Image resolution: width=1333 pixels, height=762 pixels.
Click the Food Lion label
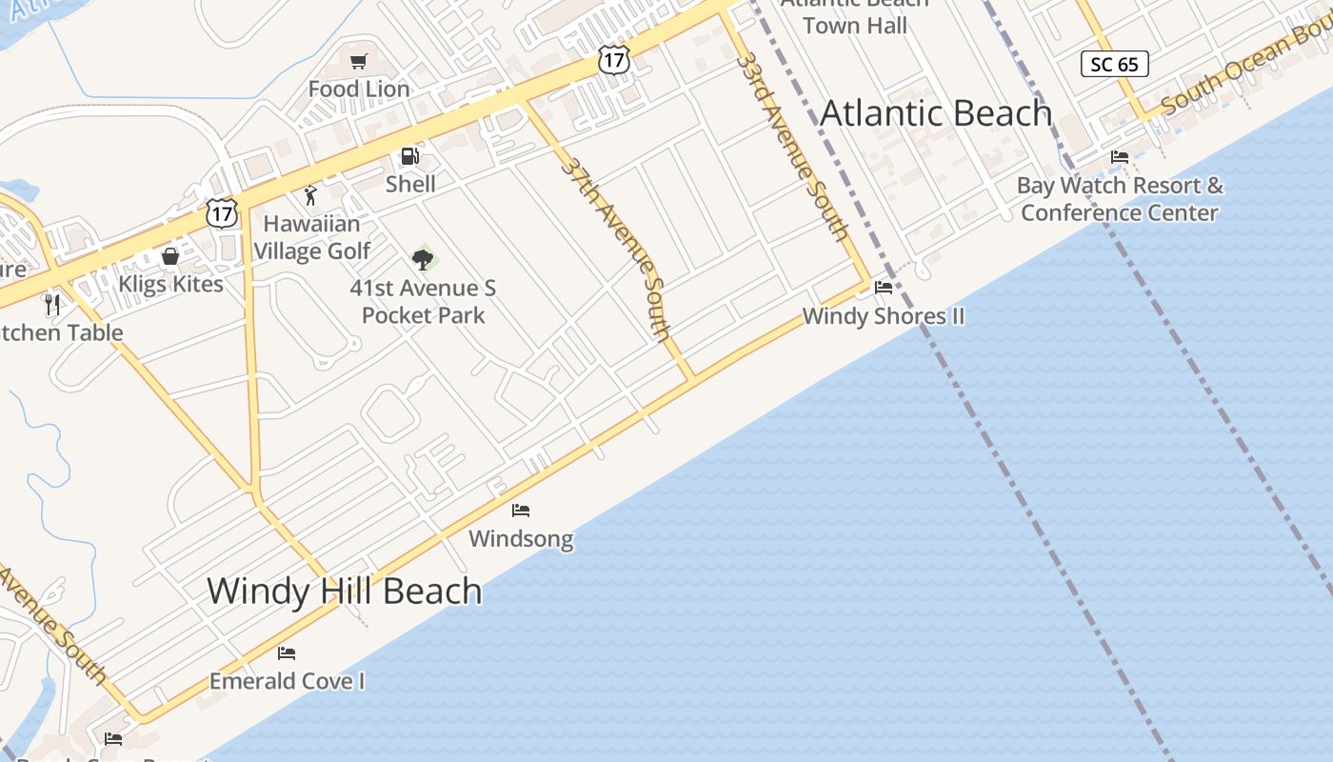click(x=359, y=89)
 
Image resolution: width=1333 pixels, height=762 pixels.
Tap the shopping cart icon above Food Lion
click(x=359, y=62)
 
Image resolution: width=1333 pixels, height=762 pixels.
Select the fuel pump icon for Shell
click(x=409, y=156)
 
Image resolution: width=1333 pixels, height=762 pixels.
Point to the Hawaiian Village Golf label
click(x=311, y=237)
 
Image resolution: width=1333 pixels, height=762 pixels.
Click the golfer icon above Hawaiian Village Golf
click(x=310, y=196)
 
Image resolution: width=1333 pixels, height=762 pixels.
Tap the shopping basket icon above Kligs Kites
click(x=170, y=256)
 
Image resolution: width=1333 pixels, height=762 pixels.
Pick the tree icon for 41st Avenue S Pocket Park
click(x=423, y=258)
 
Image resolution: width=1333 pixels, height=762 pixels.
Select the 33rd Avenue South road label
click(x=791, y=145)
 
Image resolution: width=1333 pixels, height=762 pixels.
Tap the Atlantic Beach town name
click(x=936, y=113)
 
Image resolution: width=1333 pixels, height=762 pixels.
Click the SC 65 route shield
click(x=1115, y=64)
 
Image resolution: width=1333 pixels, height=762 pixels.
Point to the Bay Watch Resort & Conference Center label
click(x=1120, y=199)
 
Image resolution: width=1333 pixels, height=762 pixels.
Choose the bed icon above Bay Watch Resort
click(x=1120, y=157)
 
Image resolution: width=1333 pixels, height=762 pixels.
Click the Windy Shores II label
click(x=883, y=316)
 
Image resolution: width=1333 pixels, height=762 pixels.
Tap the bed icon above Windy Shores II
click(x=884, y=288)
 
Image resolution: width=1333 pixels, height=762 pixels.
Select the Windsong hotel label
click(x=521, y=539)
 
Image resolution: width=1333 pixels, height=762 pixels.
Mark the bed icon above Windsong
click(x=521, y=511)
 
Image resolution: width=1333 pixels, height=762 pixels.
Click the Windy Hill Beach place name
click(x=345, y=591)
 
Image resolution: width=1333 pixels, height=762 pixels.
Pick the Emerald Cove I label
click(x=287, y=682)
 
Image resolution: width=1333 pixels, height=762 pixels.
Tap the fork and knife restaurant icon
click(x=52, y=305)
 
